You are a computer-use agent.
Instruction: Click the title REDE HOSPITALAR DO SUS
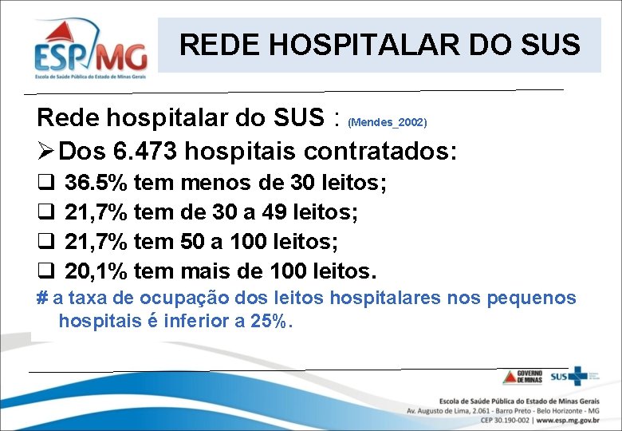380,45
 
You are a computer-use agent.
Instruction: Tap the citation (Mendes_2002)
388,123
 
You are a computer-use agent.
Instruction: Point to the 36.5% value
96,184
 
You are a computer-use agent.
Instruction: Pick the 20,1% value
96,271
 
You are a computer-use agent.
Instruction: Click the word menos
211,184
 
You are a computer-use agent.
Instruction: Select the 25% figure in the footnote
275,322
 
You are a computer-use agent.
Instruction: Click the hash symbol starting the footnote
42,299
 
